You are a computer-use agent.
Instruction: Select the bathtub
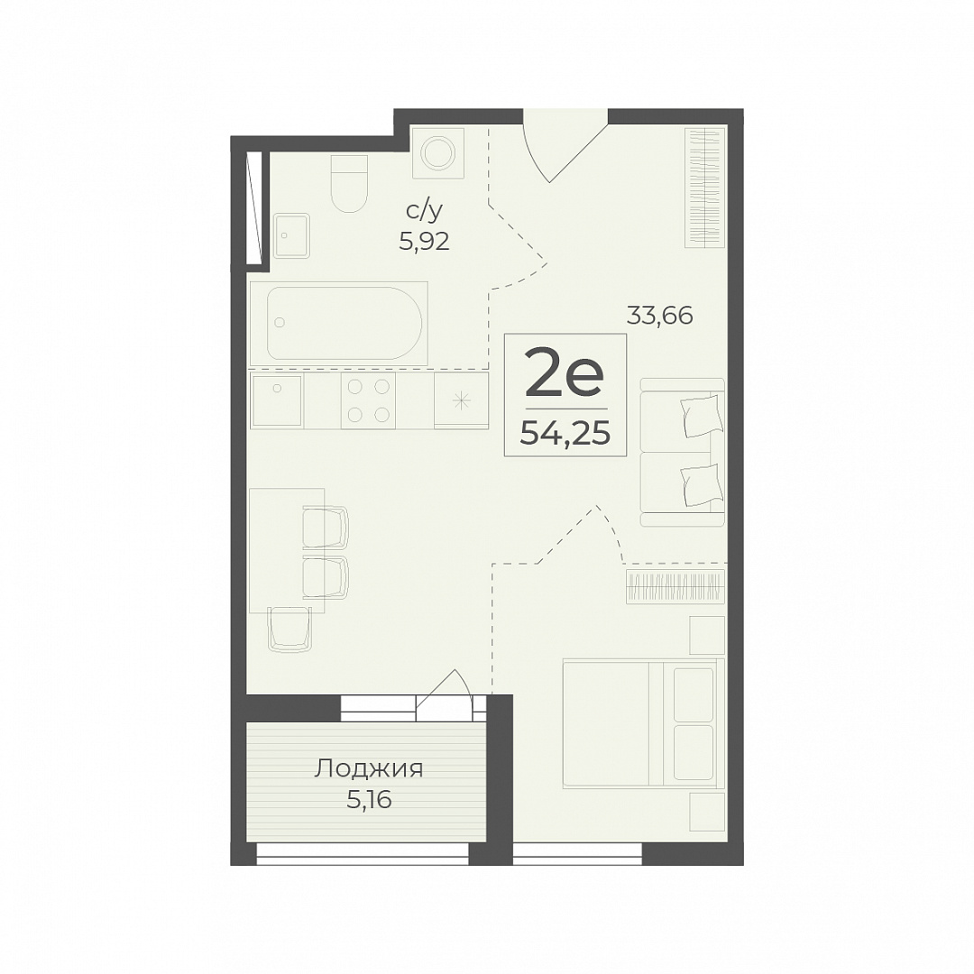[x=338, y=323]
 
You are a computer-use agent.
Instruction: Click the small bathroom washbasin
[x=291, y=235]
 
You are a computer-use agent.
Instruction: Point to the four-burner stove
[x=368, y=400]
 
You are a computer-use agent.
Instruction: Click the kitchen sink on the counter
[x=277, y=400]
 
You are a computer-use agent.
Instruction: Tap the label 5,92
[x=424, y=241]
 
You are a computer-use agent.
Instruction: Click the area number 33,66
[x=659, y=317]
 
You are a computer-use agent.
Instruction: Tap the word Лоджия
[x=368, y=769]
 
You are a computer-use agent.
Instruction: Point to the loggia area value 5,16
[x=369, y=800]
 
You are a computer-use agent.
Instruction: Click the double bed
[x=644, y=723]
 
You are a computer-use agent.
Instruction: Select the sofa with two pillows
[x=683, y=452]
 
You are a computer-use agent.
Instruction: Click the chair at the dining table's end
[x=289, y=629]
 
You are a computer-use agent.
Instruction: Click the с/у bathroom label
[x=425, y=212]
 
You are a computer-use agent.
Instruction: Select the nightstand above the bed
[x=708, y=635]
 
